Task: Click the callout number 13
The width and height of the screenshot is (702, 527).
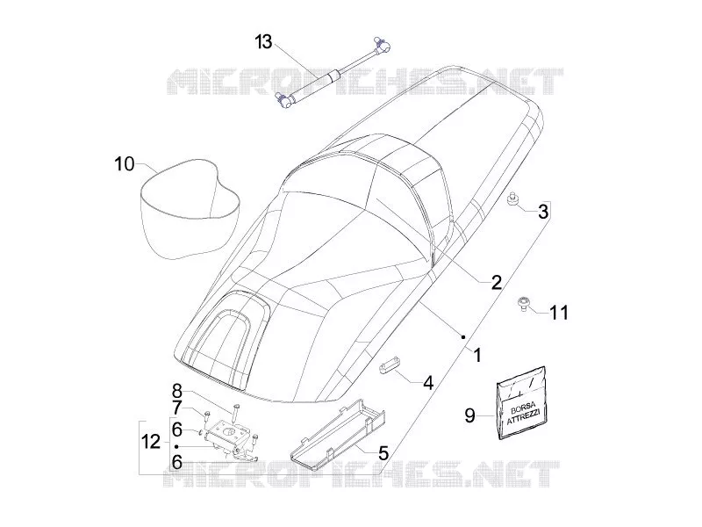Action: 264,41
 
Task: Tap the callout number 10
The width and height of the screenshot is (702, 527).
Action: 125,164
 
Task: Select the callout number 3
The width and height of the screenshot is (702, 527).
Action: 543,212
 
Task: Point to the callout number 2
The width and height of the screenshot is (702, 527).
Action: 497,282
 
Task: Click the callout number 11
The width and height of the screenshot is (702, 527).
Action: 559,313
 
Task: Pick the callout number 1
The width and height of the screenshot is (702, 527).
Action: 478,355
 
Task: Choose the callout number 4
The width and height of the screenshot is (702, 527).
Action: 428,383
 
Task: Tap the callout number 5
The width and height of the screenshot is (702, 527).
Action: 383,452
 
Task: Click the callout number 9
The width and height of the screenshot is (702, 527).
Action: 469,415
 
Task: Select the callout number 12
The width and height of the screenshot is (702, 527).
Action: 151,442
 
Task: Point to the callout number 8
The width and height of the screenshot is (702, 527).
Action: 177,391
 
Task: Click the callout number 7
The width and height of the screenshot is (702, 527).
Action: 177,408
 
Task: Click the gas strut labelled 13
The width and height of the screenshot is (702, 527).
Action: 332,74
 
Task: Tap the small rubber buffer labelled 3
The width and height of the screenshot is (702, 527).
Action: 512,200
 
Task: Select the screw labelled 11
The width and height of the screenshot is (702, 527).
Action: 523,304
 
